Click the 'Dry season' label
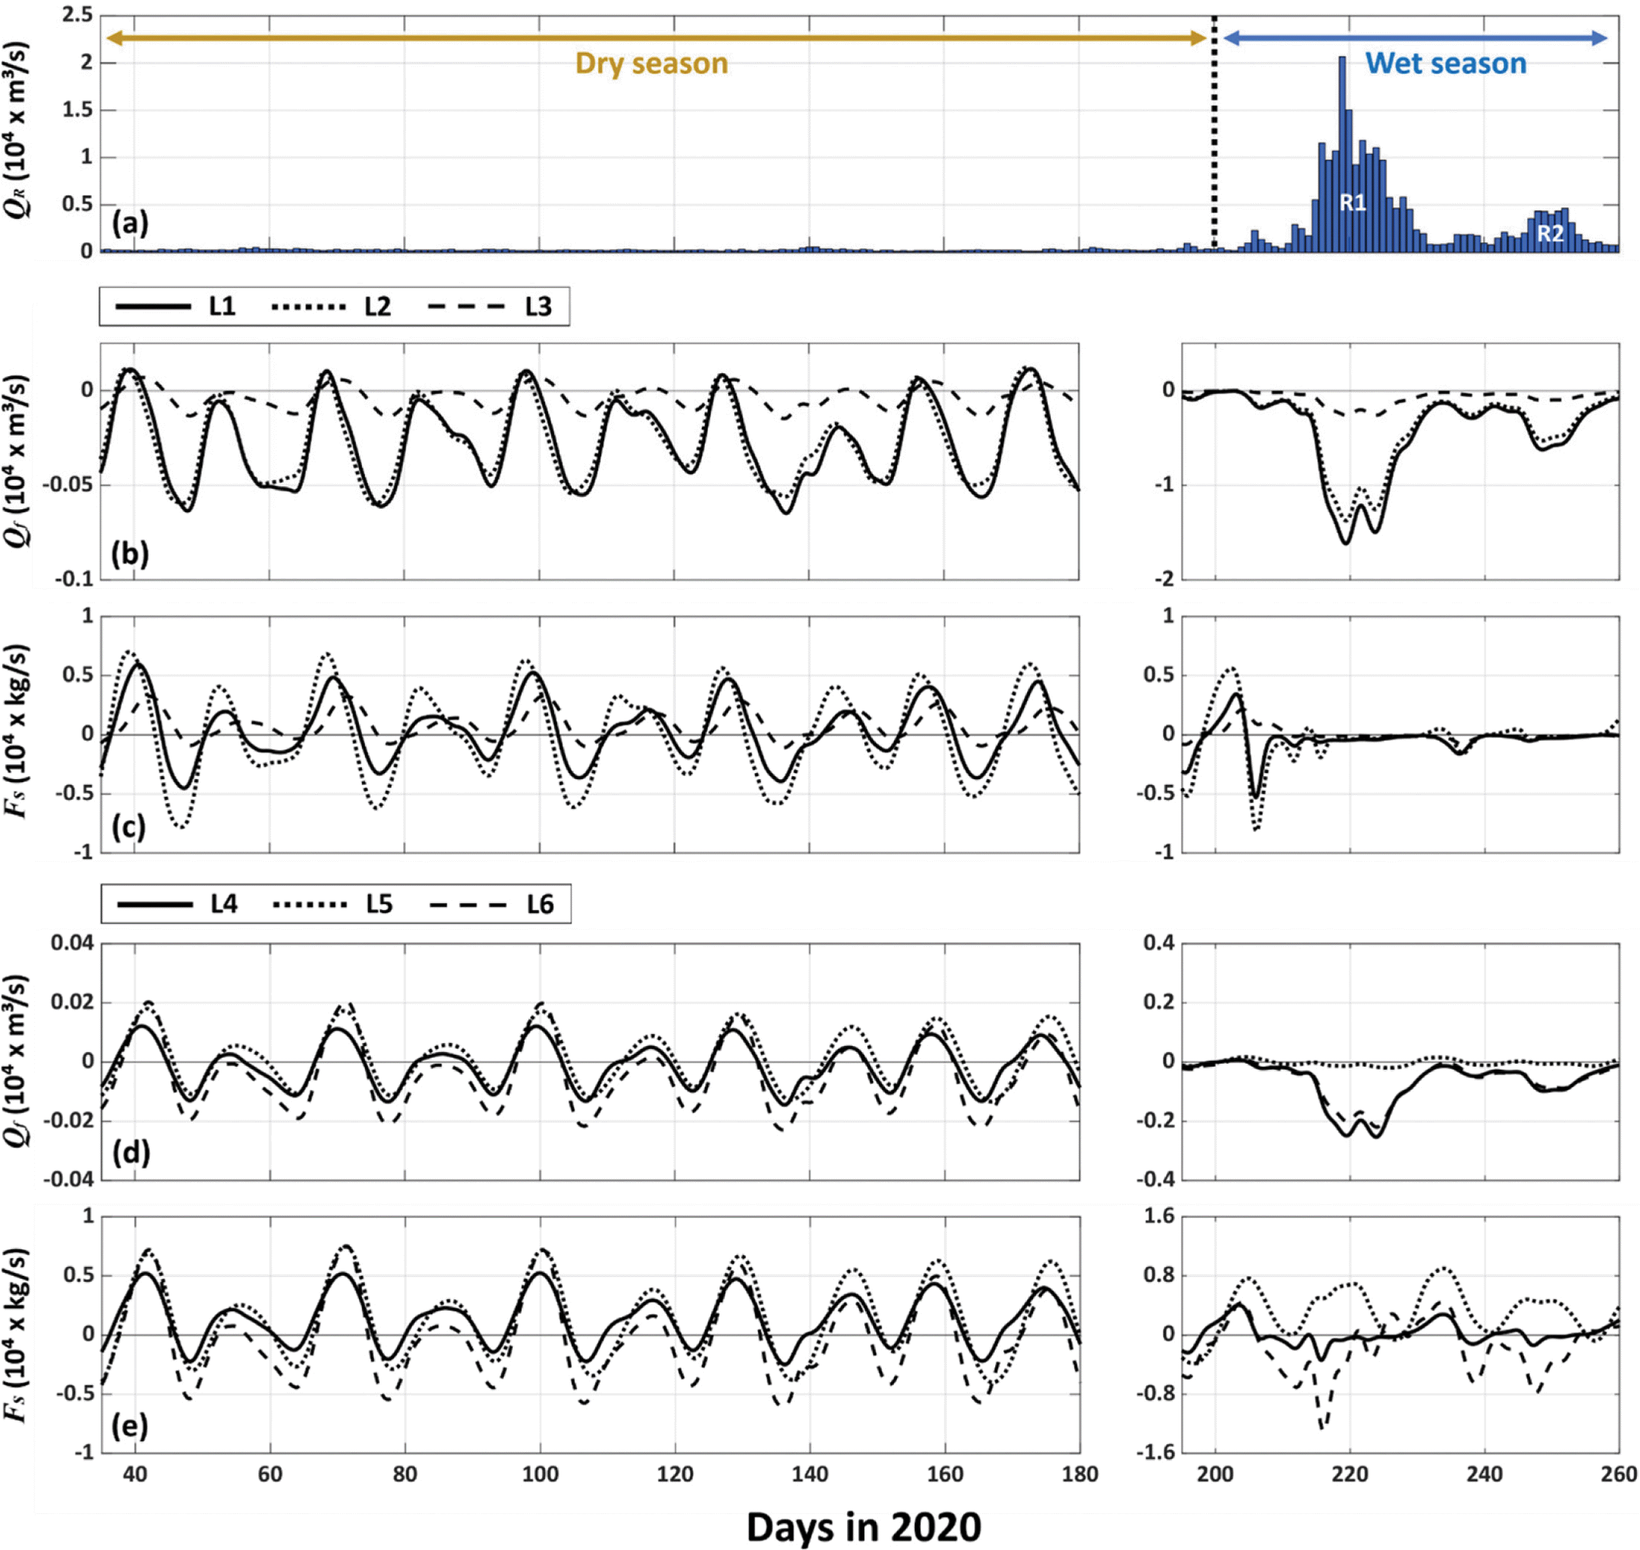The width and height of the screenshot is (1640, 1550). point(651,63)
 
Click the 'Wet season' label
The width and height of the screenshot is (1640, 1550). point(1445,63)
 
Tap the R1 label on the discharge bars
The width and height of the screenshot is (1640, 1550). point(1352,202)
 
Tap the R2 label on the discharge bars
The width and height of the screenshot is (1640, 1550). point(1550,234)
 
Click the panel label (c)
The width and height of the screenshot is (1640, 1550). point(129,827)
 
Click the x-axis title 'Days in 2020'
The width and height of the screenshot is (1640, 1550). point(864,1527)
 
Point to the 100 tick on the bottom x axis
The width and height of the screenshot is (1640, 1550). point(540,1474)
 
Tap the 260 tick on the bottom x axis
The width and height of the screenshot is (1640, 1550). point(1618,1474)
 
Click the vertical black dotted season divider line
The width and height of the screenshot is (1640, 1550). point(1214,132)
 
